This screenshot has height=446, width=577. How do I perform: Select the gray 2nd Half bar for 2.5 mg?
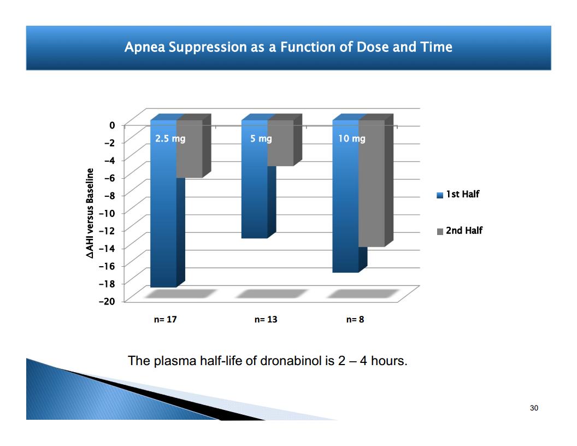tap(193, 147)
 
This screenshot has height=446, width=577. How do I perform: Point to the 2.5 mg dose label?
tap(170, 139)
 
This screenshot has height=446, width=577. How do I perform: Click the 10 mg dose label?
tap(352, 139)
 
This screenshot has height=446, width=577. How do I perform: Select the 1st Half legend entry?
tap(458, 194)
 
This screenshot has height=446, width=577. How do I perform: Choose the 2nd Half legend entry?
tap(460, 231)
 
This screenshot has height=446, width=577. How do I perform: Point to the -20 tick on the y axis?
tap(107, 301)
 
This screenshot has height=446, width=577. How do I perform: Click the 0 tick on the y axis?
tap(112, 126)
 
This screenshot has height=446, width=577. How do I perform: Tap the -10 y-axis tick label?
tap(107, 213)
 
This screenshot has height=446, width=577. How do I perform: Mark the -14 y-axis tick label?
tap(107, 248)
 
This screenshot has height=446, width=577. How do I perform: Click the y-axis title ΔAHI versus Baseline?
tap(90, 213)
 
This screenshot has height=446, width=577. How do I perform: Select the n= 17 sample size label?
tap(165, 319)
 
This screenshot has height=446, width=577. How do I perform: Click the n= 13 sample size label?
tap(266, 319)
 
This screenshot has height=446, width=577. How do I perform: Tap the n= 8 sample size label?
tap(355, 319)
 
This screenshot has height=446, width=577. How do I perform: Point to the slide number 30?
tap(534, 408)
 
